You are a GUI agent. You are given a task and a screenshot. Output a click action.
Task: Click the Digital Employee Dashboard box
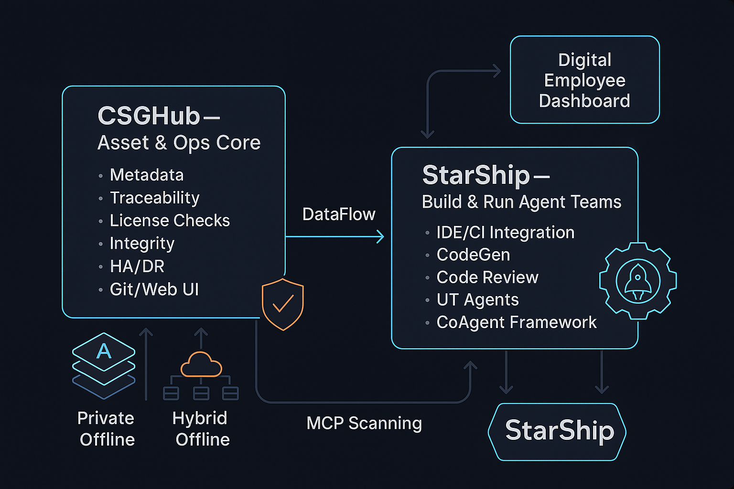(584, 80)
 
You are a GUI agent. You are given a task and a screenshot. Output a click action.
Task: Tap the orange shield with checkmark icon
(283, 304)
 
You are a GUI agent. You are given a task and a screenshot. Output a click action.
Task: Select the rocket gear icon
(638, 281)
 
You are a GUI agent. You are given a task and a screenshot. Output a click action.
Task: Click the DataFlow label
(339, 214)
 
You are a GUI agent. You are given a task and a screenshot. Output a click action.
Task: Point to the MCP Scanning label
(364, 423)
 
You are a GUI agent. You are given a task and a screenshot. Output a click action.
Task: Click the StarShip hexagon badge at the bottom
(558, 431)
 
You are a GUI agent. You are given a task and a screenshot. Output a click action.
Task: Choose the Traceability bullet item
(154, 198)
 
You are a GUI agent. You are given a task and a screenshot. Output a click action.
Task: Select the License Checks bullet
(170, 221)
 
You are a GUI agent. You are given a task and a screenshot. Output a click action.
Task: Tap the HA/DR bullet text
(137, 266)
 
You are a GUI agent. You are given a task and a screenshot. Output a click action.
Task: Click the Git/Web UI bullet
(154, 289)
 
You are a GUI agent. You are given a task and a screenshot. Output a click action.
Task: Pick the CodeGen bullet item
(473, 255)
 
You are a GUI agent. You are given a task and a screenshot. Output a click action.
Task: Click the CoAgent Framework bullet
(517, 322)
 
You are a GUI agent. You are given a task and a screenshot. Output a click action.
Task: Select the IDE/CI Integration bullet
(505, 233)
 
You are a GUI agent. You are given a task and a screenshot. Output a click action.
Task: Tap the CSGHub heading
(149, 116)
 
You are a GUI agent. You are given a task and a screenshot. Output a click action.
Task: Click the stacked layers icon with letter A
(104, 365)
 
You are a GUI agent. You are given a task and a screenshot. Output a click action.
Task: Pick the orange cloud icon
(201, 365)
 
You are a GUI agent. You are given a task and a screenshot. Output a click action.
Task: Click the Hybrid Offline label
(201, 429)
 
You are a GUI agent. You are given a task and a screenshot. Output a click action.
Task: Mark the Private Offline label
(107, 429)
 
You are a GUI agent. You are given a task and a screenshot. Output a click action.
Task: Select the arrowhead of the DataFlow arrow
(381, 236)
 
